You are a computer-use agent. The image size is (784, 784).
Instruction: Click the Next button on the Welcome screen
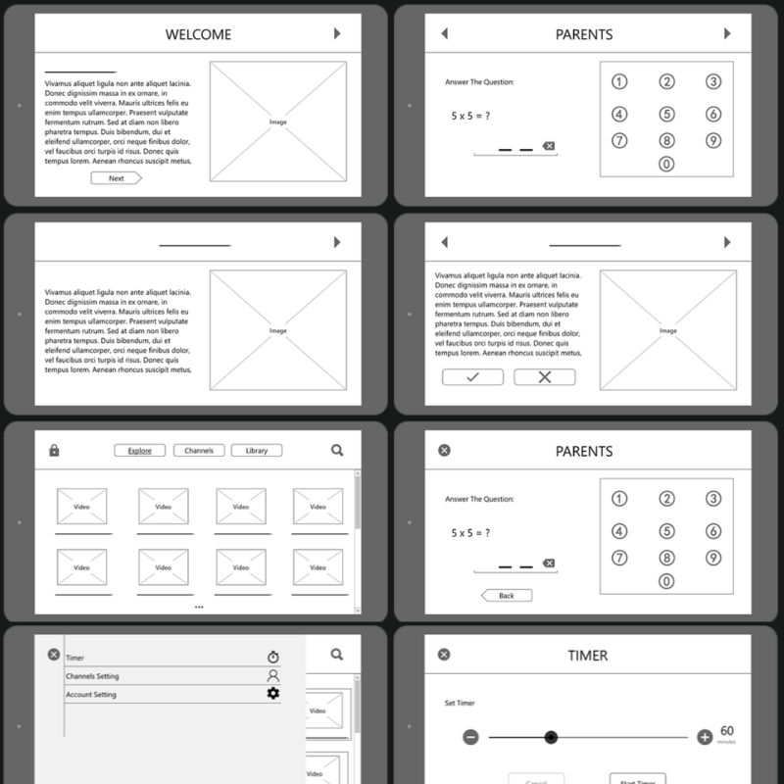pos(116,178)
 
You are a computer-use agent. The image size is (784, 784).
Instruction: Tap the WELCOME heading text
pos(198,34)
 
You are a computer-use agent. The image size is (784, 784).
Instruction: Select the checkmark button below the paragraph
pos(472,377)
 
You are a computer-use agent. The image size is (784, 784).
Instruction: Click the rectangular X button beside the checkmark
pos(545,377)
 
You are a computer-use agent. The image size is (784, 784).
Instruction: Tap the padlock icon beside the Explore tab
pos(54,451)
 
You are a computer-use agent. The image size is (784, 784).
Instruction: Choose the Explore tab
pos(139,451)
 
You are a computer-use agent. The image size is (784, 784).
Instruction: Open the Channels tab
pos(199,451)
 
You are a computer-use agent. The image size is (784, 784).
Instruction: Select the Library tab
pos(257,451)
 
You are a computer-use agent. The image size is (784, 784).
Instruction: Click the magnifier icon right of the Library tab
pos(337,451)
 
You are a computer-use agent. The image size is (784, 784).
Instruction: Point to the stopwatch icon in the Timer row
pos(273,658)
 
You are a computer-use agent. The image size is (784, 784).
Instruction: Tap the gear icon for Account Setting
pos(273,694)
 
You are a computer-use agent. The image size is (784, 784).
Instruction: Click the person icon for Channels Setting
pos(273,676)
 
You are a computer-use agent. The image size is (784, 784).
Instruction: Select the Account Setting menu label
pos(91,695)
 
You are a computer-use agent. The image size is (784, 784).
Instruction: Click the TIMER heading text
pos(587,656)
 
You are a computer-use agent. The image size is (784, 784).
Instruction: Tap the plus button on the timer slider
pos(704,737)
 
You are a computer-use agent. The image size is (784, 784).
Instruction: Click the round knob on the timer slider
pos(551,737)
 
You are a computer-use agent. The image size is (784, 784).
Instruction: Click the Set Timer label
pos(459,703)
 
